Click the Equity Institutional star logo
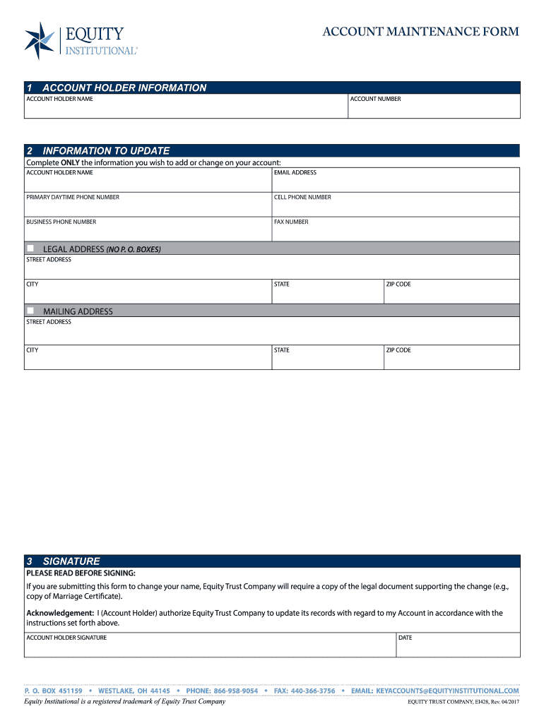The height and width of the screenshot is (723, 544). point(40,40)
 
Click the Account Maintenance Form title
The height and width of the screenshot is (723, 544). point(420,32)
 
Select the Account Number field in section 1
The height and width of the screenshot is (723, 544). point(434,109)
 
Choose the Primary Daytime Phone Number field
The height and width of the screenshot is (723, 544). point(148,207)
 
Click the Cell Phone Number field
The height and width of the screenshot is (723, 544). point(396,207)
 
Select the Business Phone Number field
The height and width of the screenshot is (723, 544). point(148,232)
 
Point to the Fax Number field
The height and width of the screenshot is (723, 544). point(396,232)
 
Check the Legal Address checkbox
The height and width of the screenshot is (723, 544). point(30,249)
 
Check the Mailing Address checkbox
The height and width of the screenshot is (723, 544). point(30,311)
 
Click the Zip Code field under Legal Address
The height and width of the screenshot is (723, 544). point(451,294)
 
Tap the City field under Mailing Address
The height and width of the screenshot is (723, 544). point(148,359)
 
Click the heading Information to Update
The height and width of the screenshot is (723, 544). point(106,150)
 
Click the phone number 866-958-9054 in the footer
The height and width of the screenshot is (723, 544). point(235,691)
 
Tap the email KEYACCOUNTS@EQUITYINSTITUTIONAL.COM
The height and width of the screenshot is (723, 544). point(447,691)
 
